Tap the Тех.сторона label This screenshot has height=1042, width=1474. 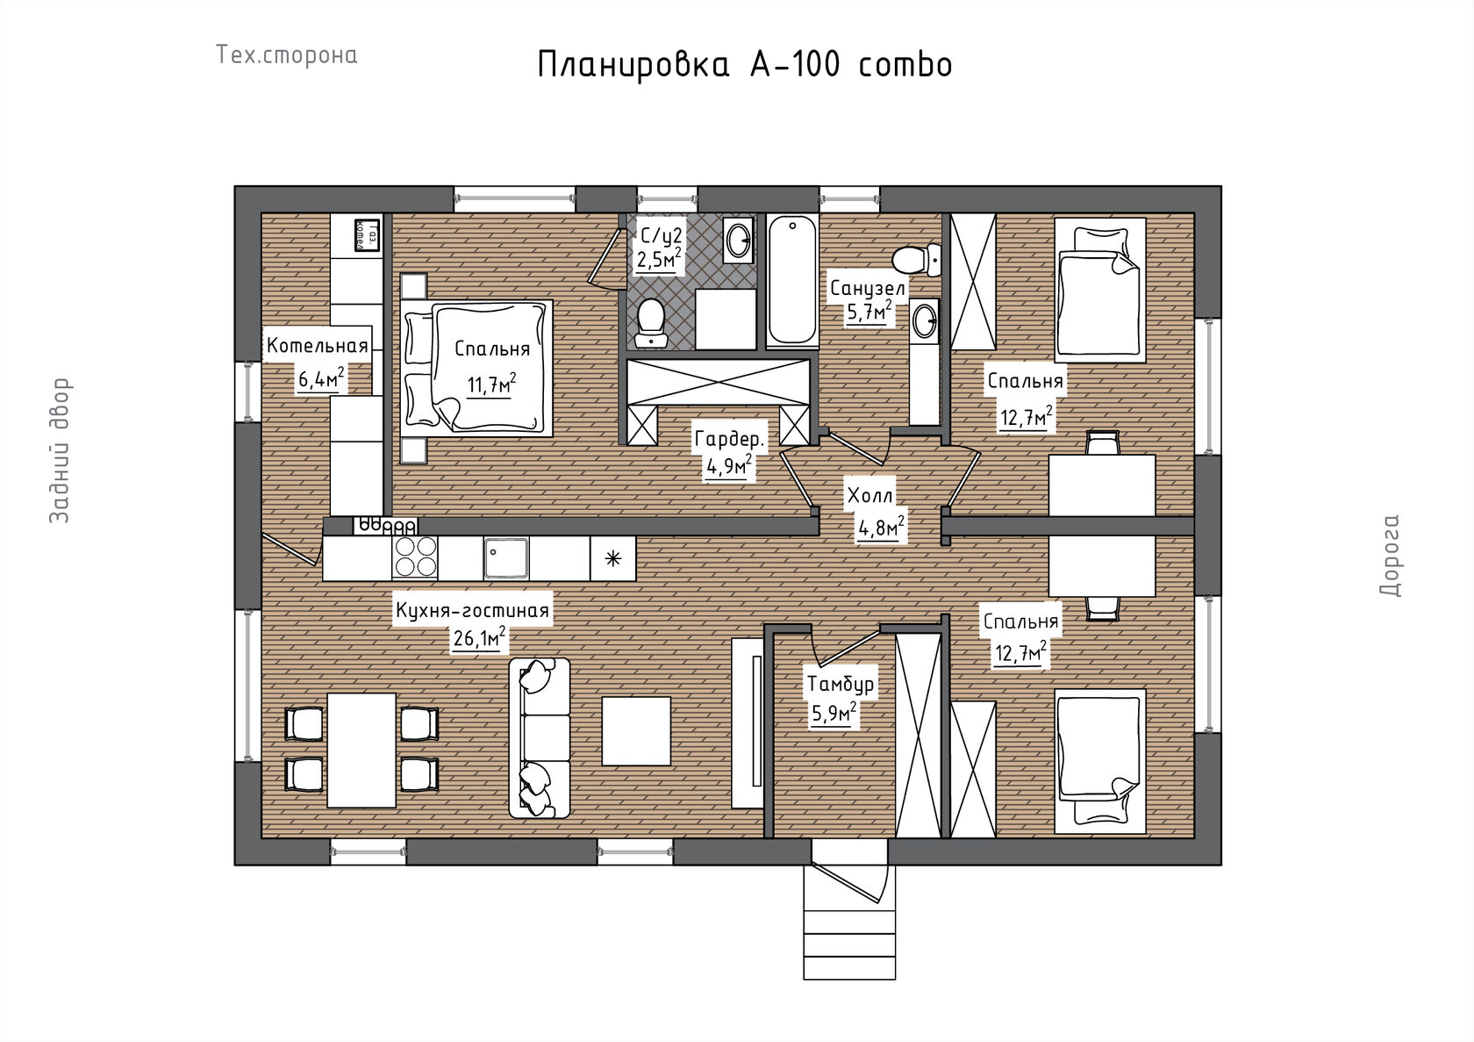pos(287,55)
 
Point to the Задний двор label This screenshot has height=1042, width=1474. pos(60,450)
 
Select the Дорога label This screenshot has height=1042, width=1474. pos(1390,556)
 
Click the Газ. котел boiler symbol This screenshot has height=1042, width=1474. pos(367,234)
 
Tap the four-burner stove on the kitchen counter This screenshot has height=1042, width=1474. pos(414,557)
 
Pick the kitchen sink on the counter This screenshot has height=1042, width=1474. pos(506,557)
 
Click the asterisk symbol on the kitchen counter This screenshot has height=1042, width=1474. pos(612,559)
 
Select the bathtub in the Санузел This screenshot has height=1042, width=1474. pos(792,281)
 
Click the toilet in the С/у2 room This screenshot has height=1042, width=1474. pos(651,323)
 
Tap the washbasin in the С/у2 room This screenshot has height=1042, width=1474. pos(739,241)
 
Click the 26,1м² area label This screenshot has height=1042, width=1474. pos(480,637)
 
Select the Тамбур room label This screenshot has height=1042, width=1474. pos(841,685)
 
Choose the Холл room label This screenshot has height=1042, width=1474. pos(870,496)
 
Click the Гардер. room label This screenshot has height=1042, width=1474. pos(730,439)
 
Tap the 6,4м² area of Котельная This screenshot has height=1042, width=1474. pos(322,378)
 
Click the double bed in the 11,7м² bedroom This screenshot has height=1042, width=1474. pos(476,367)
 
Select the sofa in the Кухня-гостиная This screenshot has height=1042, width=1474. pos(539,738)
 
